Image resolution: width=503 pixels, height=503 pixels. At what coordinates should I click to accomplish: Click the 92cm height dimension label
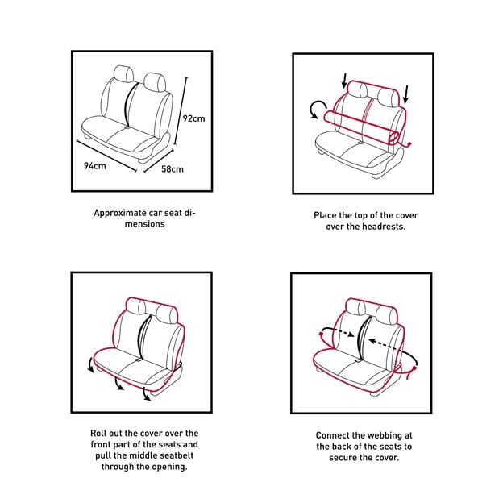193,118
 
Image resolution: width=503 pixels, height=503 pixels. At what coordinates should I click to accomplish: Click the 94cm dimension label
94,166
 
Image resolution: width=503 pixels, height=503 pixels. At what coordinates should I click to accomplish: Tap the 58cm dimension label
173,169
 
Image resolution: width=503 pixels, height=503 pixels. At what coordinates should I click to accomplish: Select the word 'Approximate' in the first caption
120,214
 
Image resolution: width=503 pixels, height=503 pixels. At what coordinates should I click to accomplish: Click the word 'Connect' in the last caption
334,434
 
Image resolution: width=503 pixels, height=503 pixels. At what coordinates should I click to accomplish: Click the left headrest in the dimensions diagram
125,74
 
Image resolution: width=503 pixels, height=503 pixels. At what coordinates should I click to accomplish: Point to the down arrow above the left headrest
345,81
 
